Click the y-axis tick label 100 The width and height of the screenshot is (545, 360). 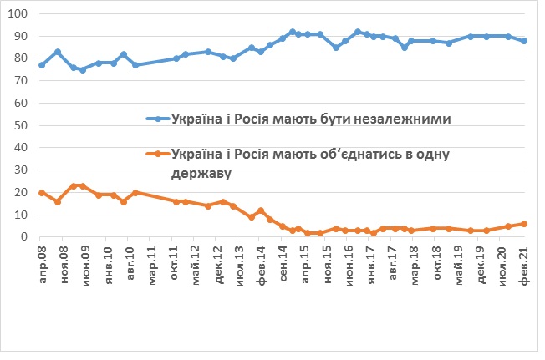(18, 15)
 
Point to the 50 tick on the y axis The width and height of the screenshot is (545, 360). (20, 126)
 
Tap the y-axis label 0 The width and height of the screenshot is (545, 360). (23, 237)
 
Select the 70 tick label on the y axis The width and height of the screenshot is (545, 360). (20, 82)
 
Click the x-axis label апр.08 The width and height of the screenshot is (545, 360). (42, 262)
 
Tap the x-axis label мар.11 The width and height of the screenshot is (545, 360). (153, 262)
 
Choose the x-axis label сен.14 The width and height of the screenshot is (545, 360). (283, 262)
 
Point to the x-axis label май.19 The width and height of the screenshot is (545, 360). (458, 262)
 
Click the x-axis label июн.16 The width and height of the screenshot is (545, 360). (349, 262)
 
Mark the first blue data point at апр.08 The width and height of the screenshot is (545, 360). (42, 65)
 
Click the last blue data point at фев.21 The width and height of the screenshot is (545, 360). (524, 41)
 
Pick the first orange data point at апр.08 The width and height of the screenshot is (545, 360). (42, 193)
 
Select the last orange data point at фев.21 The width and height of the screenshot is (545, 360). (524, 224)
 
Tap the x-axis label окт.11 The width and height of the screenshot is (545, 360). (175, 262)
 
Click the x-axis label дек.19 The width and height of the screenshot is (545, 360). (480, 262)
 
